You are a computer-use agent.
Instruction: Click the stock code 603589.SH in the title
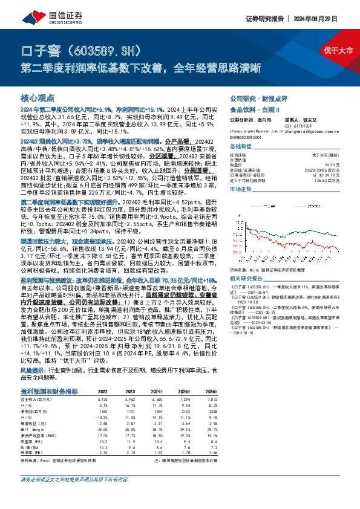[x=108, y=48]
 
